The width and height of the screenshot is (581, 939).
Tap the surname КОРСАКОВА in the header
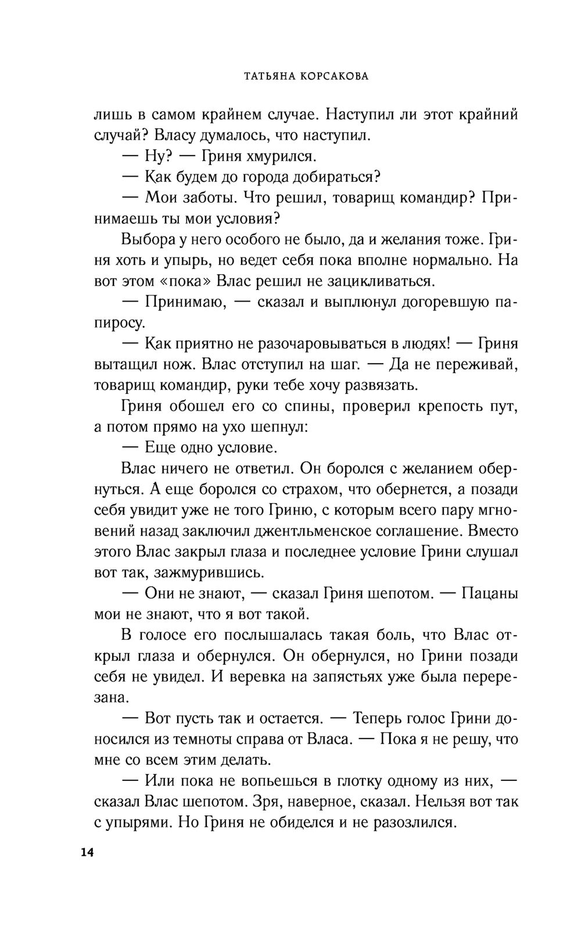click(335, 76)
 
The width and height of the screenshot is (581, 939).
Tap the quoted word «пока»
click(183, 281)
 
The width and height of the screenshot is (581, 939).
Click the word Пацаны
click(489, 594)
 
